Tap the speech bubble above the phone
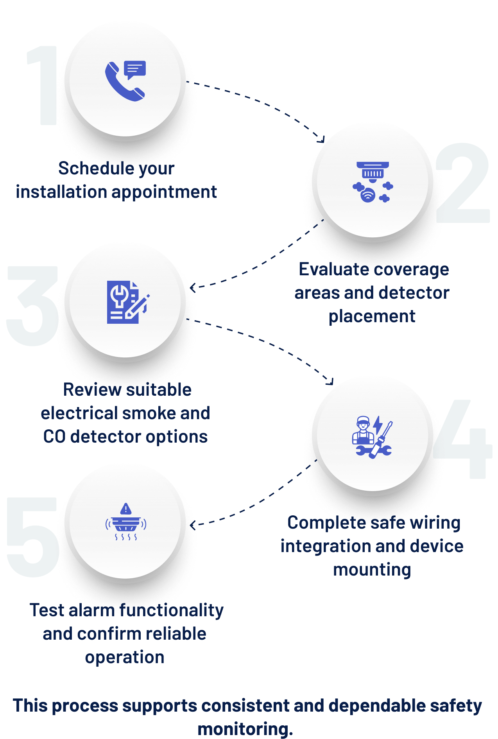point(135,70)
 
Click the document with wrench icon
point(128,302)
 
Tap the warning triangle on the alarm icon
point(126,509)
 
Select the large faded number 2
point(463,183)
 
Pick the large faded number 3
point(33,306)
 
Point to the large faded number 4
point(462,439)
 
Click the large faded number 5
point(33,537)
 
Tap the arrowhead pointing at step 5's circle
point(193,525)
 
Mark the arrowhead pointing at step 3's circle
point(193,288)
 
